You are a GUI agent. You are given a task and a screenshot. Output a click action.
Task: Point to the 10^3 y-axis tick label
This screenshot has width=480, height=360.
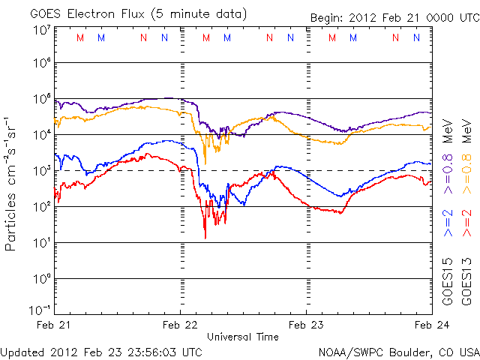40,171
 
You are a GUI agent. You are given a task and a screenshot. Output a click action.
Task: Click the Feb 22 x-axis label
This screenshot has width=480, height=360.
180,325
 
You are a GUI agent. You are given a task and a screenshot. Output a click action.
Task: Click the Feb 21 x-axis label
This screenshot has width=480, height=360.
55,325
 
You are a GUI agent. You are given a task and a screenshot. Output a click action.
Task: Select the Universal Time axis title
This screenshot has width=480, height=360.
243,336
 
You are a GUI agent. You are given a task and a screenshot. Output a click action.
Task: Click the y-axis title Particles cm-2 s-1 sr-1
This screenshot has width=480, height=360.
12,184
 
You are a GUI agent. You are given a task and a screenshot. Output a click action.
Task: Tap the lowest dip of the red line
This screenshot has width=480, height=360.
205,238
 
